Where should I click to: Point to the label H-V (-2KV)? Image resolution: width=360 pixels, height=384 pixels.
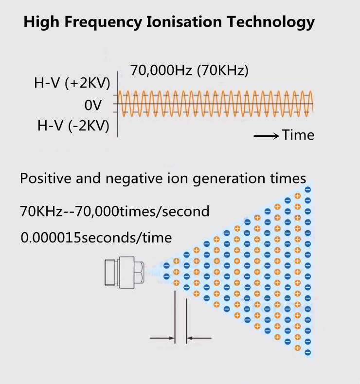[x=73, y=126]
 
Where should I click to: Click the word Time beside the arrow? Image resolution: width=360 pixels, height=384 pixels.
[x=298, y=135]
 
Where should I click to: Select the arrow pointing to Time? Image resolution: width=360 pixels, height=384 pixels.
[x=266, y=135]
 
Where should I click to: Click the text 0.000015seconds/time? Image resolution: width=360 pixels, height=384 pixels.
[x=96, y=238]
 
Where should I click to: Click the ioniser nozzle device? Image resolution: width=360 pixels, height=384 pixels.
[x=125, y=271]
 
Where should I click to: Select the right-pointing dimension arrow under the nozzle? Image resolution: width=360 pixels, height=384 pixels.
[x=162, y=338]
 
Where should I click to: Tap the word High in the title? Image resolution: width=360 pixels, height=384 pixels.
[x=41, y=22]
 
